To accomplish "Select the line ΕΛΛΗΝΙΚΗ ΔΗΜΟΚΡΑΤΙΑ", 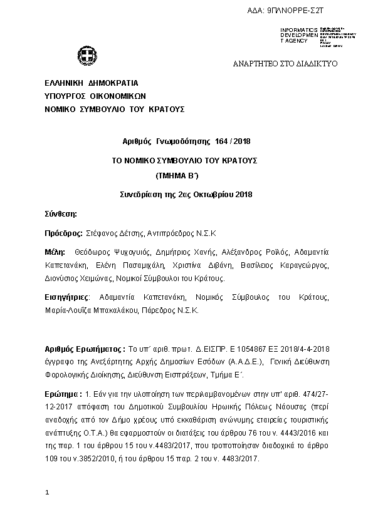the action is point(91,83).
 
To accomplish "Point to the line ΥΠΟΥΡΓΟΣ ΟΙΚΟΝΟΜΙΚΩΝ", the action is point(95,96).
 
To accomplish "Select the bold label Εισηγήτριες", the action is point(68,296).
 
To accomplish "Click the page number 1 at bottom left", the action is point(47,494).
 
